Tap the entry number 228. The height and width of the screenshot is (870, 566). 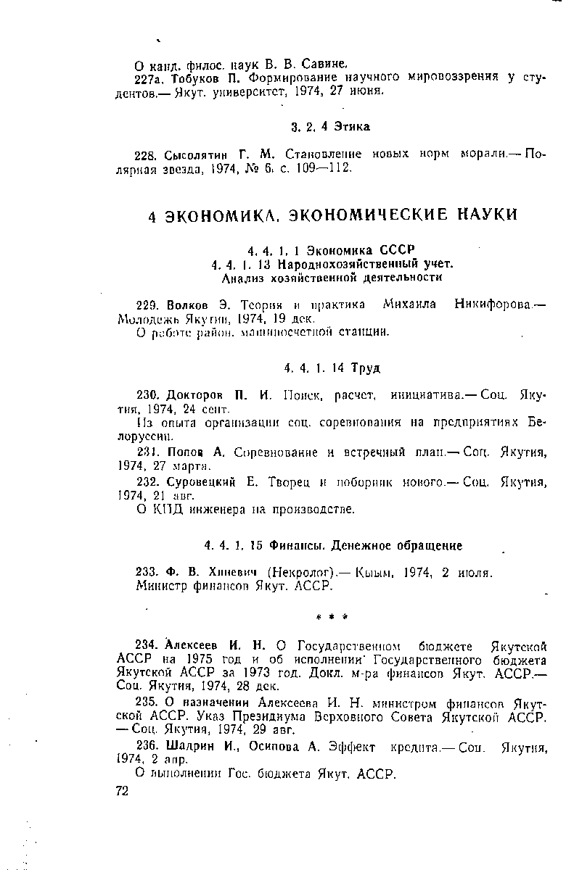click(x=147, y=155)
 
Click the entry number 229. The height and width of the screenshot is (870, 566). click(x=147, y=305)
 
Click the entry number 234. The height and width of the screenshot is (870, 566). click(x=147, y=646)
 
